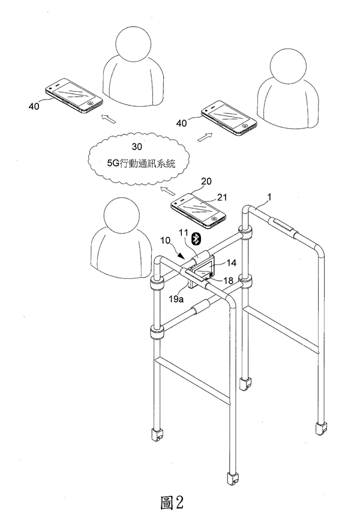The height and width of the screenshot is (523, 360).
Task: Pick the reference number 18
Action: click(x=228, y=279)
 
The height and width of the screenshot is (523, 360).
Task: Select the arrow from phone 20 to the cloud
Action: click(x=168, y=192)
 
